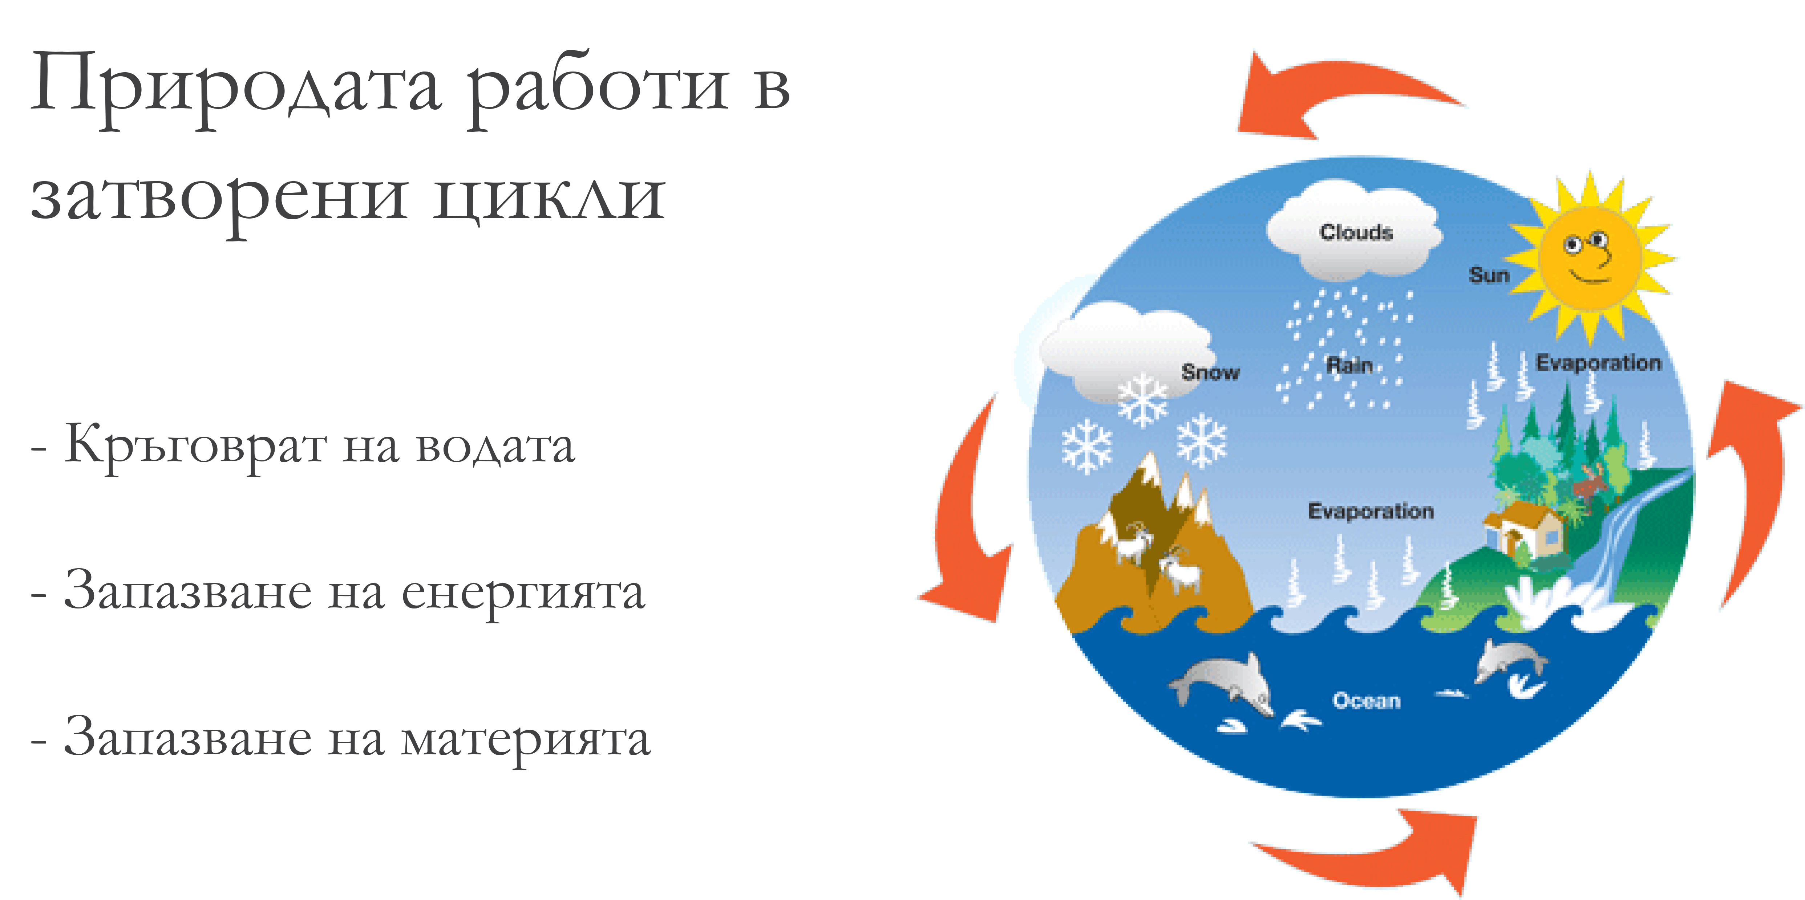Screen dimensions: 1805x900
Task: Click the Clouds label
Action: tap(1356, 232)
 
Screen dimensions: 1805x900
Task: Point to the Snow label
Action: tap(1210, 372)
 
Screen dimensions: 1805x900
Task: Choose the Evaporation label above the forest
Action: tap(1598, 363)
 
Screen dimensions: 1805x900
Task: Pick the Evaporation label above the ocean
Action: tap(1371, 511)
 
